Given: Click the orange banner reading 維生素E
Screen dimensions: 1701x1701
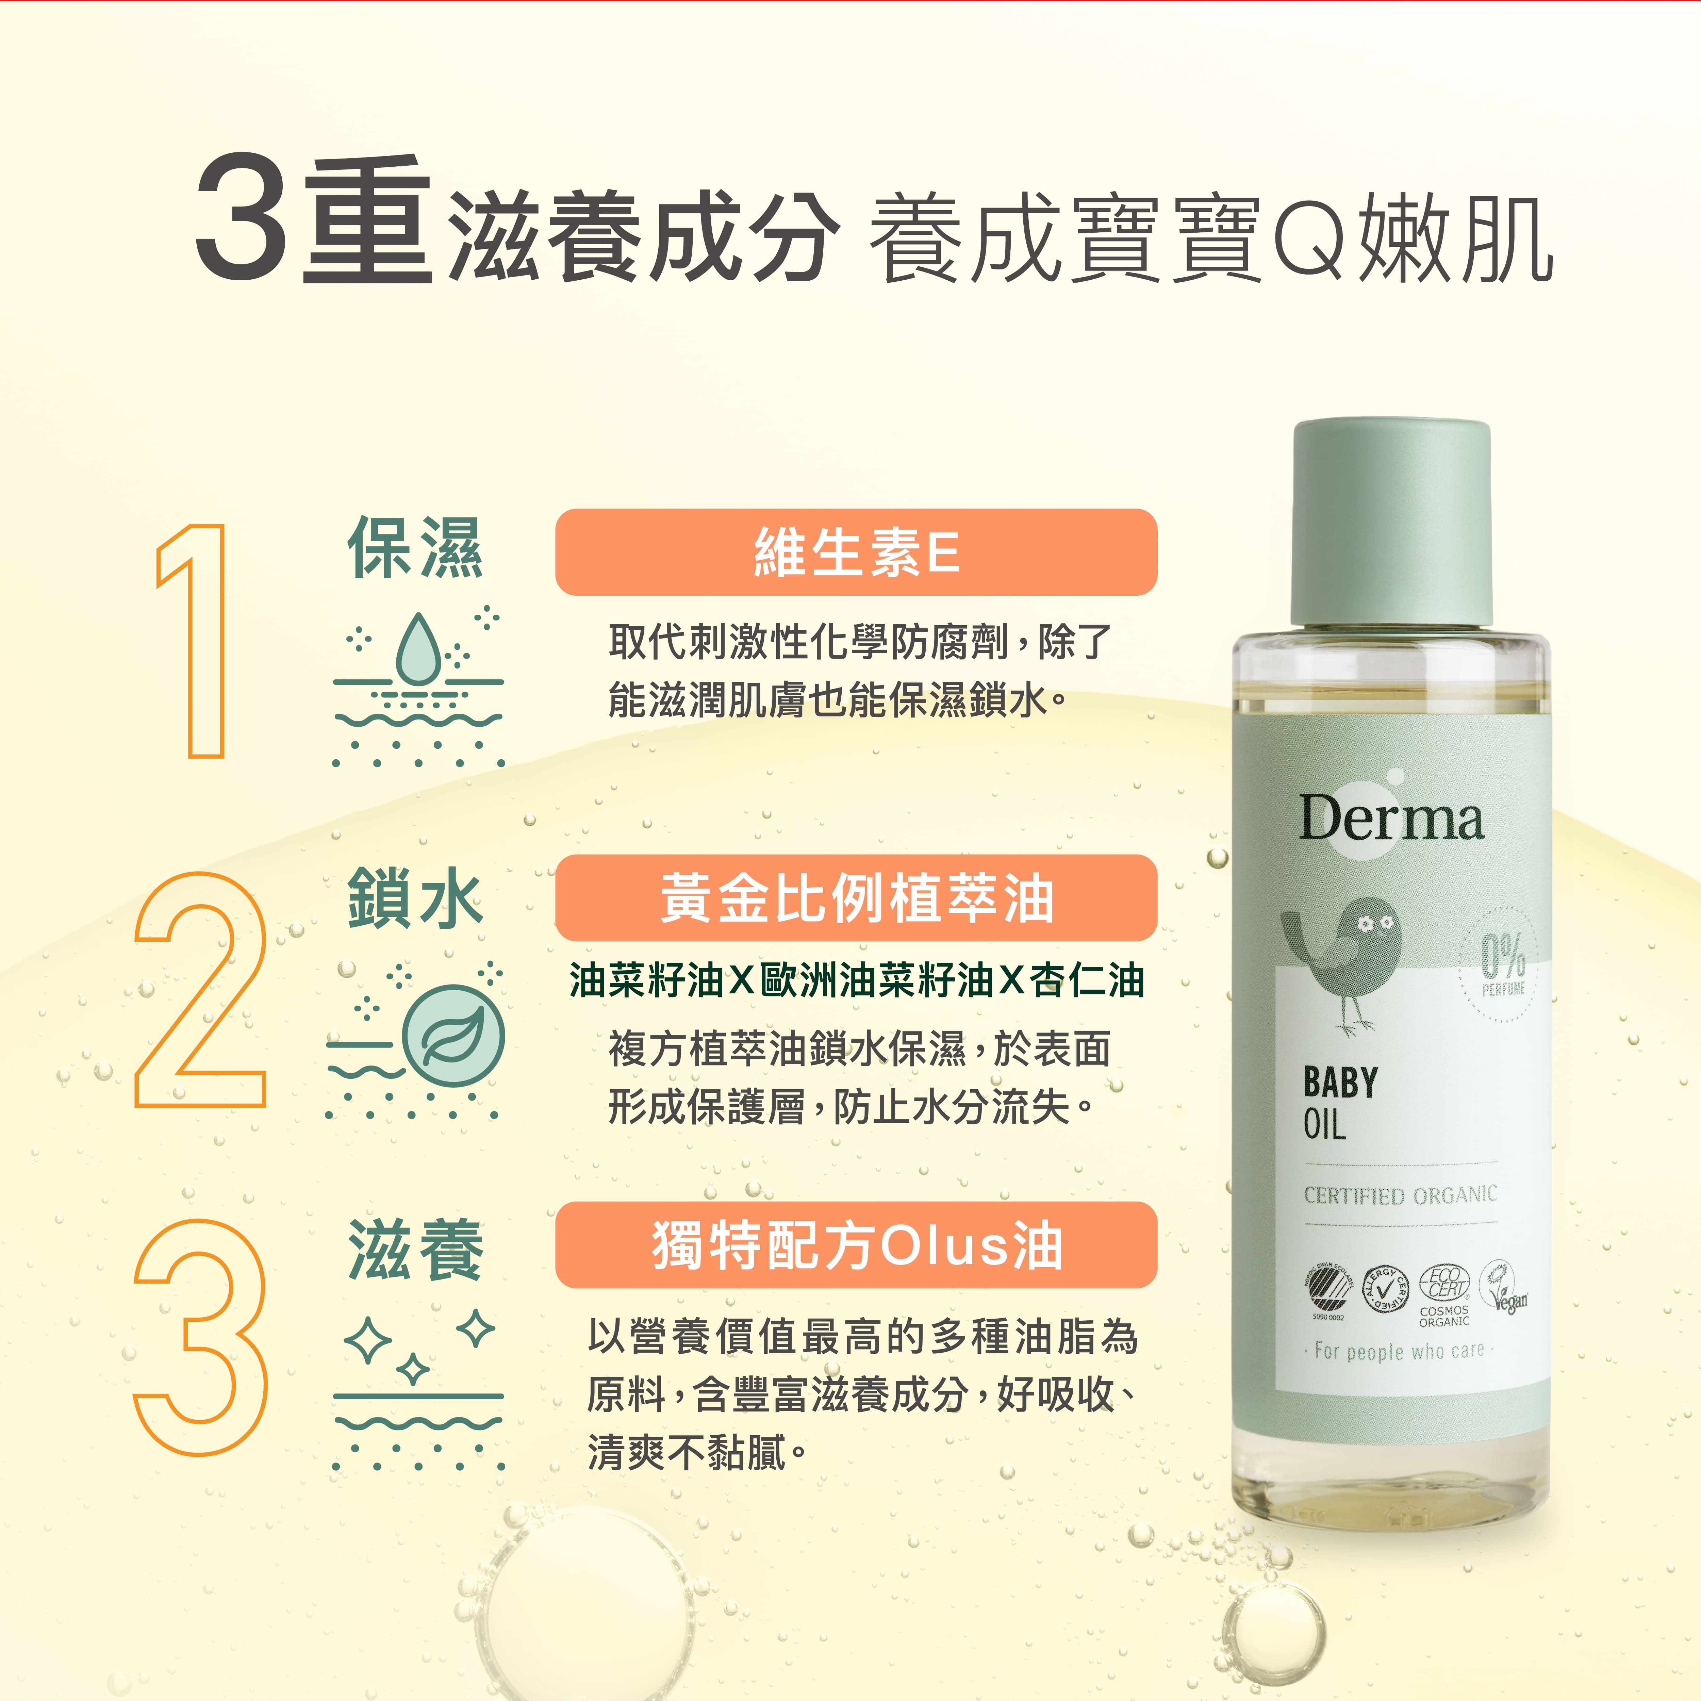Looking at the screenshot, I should point(856,552).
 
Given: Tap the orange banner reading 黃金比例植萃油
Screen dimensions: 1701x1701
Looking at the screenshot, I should point(856,898).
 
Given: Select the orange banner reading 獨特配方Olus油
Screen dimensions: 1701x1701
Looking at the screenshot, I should point(856,1245).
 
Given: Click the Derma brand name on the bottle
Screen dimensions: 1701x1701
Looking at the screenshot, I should point(1391,819).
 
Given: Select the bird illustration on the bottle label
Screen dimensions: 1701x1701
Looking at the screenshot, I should point(1343,960).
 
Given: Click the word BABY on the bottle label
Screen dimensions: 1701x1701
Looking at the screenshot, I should point(1340,1083).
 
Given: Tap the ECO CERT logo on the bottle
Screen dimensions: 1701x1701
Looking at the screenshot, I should point(1445,1284).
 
